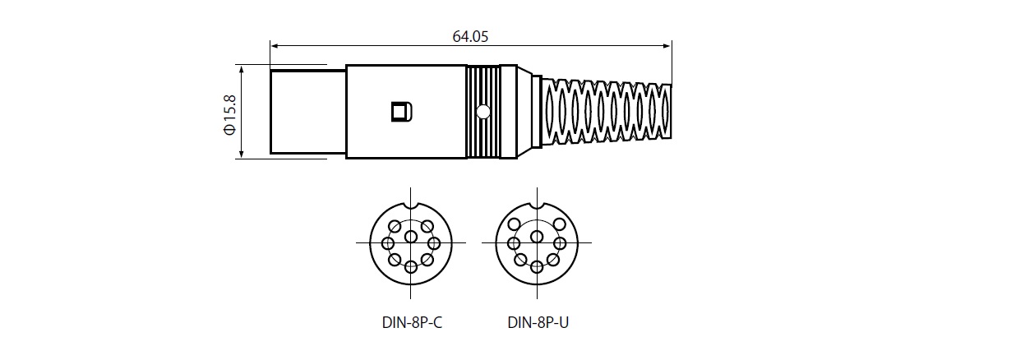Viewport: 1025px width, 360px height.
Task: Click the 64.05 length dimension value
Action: coord(470,37)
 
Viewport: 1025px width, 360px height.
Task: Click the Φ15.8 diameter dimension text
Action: coord(229,115)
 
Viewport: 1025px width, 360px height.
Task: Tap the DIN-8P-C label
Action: coord(413,322)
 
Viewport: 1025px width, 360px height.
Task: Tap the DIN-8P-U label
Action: coord(538,322)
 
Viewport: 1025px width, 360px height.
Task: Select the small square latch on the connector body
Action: coord(402,112)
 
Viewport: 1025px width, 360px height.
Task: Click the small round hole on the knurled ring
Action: coord(482,111)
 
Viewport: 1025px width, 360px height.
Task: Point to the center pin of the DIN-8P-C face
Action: coord(411,237)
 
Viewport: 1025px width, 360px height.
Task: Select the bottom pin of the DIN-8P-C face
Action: coord(411,266)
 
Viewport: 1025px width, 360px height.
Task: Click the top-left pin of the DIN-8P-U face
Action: coord(515,224)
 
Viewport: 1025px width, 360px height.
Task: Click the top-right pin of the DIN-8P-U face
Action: coord(560,224)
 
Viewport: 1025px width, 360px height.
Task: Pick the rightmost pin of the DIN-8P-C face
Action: coord(434,243)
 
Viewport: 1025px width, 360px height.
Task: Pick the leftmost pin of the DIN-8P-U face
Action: coord(514,243)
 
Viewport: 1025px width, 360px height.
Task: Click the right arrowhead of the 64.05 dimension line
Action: coord(667,46)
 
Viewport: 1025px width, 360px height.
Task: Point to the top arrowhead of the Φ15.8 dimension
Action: coord(241,69)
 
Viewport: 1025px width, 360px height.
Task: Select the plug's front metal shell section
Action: coord(308,112)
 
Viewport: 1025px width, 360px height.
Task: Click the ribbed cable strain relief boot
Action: coord(607,112)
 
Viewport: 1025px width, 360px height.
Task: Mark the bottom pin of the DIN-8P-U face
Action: coord(537,266)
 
